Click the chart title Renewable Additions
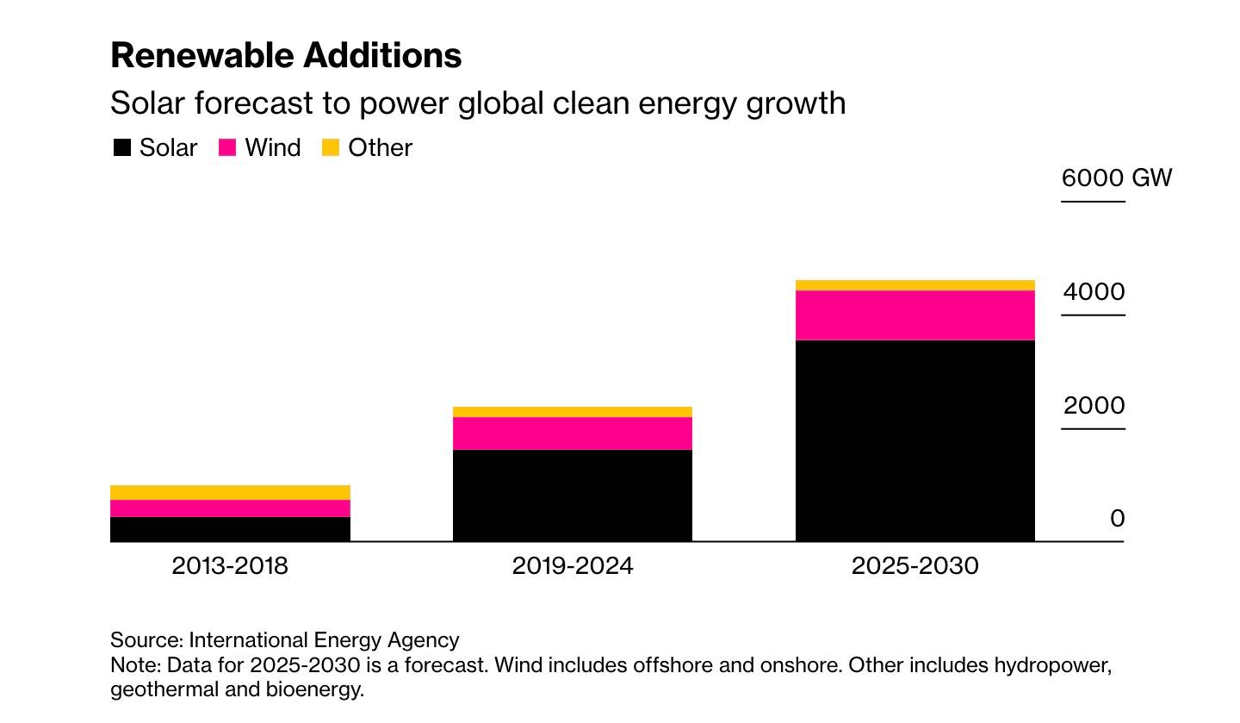[x=286, y=55]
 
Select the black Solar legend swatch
[x=122, y=147]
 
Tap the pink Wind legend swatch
[x=227, y=147]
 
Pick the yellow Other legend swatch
[x=331, y=147]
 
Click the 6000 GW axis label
[x=1116, y=178]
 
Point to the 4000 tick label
[x=1094, y=292]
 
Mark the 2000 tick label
[x=1094, y=406]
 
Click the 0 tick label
[x=1117, y=519]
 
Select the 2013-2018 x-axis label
[x=230, y=566]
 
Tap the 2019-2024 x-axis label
[x=573, y=566]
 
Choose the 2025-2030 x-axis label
[x=914, y=566]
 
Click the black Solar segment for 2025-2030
[x=914, y=440]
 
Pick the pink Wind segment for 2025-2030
[x=914, y=315]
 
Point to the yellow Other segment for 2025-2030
[x=914, y=285]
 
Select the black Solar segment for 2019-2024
[x=573, y=496]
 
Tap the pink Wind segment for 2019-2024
[x=573, y=433]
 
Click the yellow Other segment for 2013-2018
[x=230, y=492]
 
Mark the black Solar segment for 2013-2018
[x=230, y=529]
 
